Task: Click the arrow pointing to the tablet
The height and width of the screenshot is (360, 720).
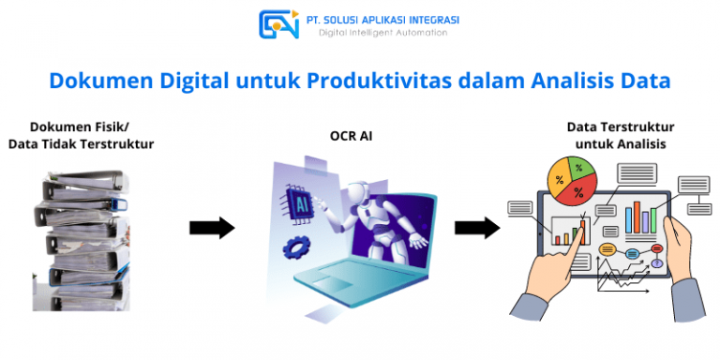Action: [476, 227]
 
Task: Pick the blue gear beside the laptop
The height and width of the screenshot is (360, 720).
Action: [297, 248]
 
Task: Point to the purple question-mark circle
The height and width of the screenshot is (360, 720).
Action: [657, 263]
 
